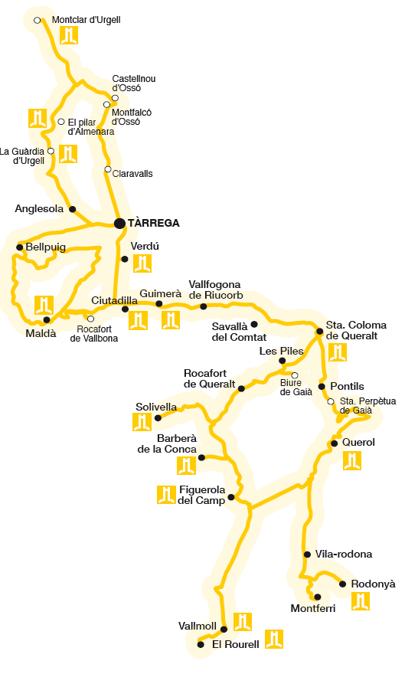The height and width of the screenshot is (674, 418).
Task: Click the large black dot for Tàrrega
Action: pos(119,224)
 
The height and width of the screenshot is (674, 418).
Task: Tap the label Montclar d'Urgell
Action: pos(86,20)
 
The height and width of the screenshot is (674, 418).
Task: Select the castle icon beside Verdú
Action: pos(142,263)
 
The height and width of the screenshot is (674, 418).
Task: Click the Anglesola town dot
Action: pos(73,209)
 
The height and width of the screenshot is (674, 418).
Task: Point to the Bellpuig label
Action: pos(46,247)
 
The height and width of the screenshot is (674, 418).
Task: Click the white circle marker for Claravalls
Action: pos(108,169)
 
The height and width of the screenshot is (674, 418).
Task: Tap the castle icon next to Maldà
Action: pos(44,305)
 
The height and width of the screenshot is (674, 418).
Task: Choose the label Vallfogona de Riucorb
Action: pos(215,290)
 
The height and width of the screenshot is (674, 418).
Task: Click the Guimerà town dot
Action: pos(159,304)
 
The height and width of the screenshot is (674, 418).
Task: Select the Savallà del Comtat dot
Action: pos(255,324)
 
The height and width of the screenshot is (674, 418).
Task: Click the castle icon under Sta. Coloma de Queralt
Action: pos(338,352)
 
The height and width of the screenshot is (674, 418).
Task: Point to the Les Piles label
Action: pos(282,351)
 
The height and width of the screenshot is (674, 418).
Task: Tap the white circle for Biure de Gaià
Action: pos(295,375)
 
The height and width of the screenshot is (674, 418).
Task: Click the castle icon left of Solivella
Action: pos(142,421)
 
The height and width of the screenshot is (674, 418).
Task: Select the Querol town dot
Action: pos(335,443)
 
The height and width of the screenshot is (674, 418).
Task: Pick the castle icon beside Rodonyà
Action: pos(361,601)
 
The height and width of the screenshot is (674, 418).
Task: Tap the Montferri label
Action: pos(314,609)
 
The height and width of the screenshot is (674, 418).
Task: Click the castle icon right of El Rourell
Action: pos(274,639)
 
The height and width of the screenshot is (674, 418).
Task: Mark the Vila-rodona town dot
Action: pos(307,554)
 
